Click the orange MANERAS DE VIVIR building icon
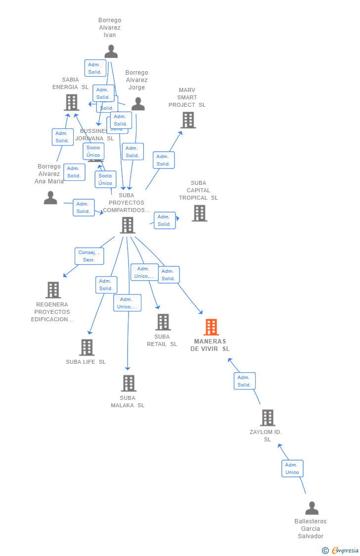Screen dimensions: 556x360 pyautogui.click(x=211, y=327)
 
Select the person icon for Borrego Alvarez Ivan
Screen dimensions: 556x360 pyautogui.click(x=111, y=51)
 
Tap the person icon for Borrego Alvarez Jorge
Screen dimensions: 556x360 pyautogui.click(x=138, y=104)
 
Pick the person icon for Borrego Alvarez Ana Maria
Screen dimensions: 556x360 pyautogui.click(x=50, y=198)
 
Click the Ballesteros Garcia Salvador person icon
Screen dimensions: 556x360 pyautogui.click(x=312, y=508)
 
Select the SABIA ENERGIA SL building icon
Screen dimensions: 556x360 pyautogui.click(x=72, y=102)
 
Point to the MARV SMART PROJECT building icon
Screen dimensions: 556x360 pyautogui.click(x=188, y=120)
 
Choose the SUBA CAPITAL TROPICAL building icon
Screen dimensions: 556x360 pyautogui.click(x=199, y=213)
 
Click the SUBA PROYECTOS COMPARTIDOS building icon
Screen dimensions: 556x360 pyautogui.click(x=128, y=225)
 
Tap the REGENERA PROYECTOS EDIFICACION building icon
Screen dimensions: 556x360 pyautogui.click(x=53, y=290)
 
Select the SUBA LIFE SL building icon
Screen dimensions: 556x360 pyautogui.click(x=87, y=347)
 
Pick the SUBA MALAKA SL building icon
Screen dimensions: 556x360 pyautogui.click(x=129, y=383)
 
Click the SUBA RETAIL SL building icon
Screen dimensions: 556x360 pyautogui.click(x=163, y=322)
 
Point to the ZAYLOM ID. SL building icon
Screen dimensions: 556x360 pyautogui.click(x=268, y=418)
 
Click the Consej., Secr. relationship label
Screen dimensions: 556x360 pyautogui.click(x=90, y=256)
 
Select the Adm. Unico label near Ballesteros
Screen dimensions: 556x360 pyautogui.click(x=292, y=469)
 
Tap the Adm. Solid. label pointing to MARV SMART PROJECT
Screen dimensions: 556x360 pyautogui.click(x=163, y=160)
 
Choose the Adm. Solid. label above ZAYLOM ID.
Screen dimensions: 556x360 pyautogui.click(x=244, y=381)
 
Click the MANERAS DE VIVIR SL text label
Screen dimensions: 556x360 pyautogui.click(x=210, y=345)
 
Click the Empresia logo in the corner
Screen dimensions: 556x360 pyautogui.click(x=341, y=550)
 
